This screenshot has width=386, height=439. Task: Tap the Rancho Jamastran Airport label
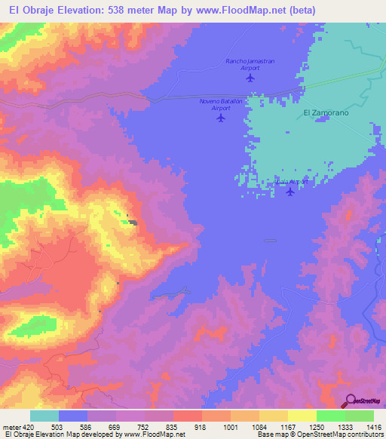click(250, 64)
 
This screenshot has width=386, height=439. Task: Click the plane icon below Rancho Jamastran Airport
click(250, 78)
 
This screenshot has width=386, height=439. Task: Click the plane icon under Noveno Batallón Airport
click(220, 118)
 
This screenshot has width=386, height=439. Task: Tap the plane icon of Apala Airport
click(290, 192)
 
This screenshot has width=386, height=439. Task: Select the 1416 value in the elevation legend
click(373, 426)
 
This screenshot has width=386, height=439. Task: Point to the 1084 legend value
click(259, 426)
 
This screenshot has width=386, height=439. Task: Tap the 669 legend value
click(116, 426)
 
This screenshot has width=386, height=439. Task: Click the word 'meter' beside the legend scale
click(11, 426)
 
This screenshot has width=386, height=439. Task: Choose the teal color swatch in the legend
click(44, 416)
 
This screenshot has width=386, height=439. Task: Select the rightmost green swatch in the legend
click(360, 416)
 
